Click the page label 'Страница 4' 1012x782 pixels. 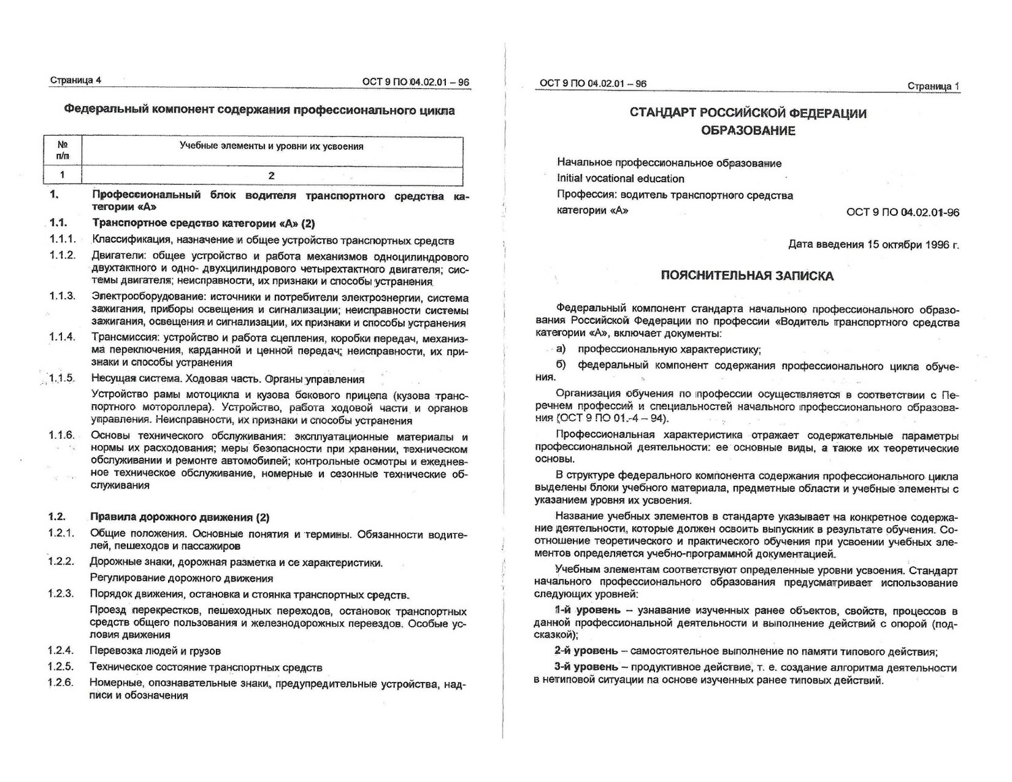pyautogui.click(x=76, y=80)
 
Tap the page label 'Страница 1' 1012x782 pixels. pyautogui.click(x=933, y=86)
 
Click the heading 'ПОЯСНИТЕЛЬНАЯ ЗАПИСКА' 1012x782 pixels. pyautogui.click(x=747, y=275)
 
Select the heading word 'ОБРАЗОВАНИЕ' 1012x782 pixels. pyautogui.click(x=748, y=130)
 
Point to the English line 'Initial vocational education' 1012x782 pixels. pyautogui.click(x=620, y=179)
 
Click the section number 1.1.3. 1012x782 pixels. pyautogui.click(x=62, y=296)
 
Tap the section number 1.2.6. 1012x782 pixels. pyautogui.click(x=61, y=683)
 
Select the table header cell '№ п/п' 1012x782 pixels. pyautogui.click(x=63, y=150)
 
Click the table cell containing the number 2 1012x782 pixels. pyautogui.click(x=271, y=175)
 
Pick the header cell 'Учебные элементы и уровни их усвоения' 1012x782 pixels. pyautogui.click(x=271, y=146)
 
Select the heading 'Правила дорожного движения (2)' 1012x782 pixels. pyautogui.click(x=179, y=518)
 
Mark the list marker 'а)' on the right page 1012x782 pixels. pyautogui.click(x=561, y=349)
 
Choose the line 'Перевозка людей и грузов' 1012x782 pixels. pyautogui.click(x=155, y=651)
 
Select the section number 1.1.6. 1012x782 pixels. pyautogui.click(x=61, y=435)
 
